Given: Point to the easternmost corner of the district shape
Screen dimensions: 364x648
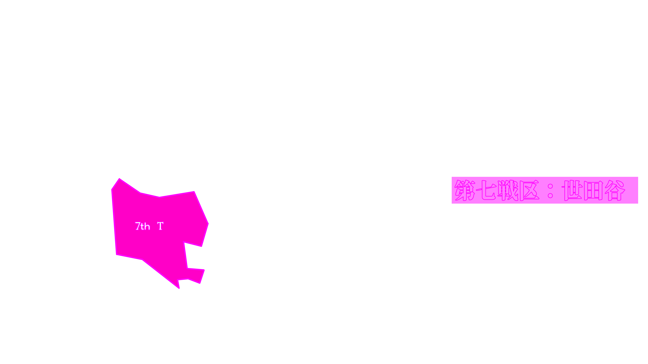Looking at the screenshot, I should point(208,223).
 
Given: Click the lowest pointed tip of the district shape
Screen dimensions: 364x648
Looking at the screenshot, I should point(179,288).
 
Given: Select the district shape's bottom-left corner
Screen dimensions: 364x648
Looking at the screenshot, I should point(116,255).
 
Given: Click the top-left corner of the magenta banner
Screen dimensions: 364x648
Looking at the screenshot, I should point(452,177).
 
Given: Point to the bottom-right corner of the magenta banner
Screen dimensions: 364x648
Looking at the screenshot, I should point(638,203).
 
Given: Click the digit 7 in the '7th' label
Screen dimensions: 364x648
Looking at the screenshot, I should point(138,226).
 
